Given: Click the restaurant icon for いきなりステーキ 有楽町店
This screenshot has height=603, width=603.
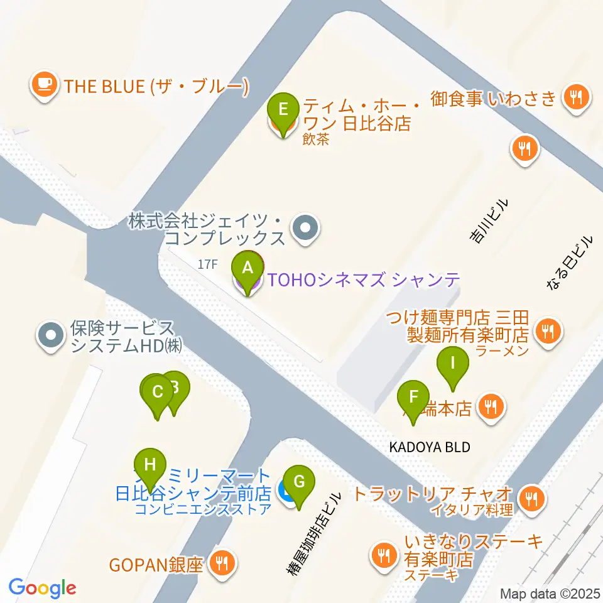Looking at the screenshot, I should [383, 554].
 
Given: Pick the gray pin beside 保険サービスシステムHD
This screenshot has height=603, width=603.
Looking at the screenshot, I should [51, 335].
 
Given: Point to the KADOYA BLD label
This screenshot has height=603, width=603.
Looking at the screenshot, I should [430, 447].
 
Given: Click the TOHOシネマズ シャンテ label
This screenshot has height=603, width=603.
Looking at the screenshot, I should [364, 280].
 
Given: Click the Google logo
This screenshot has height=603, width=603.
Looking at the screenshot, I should [42, 588].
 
